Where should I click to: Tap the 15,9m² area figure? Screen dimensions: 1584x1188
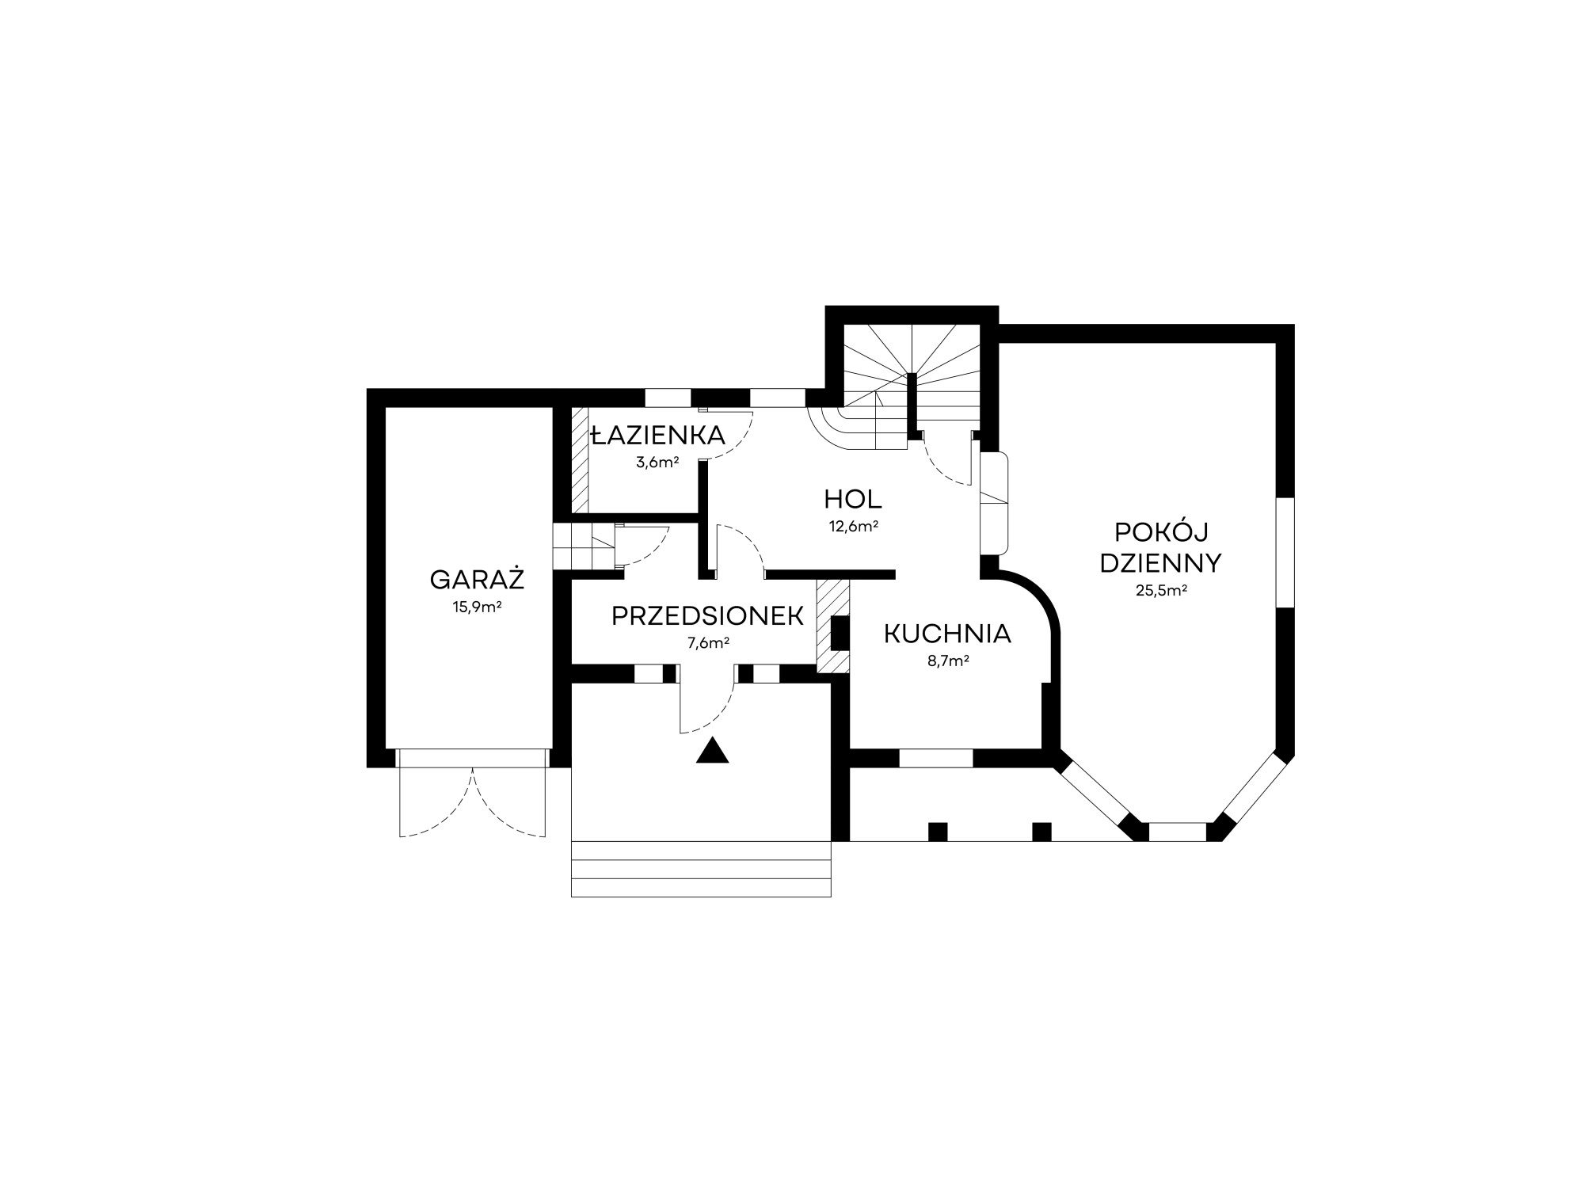pos(477,607)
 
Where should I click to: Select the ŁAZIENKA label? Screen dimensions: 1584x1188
pos(658,435)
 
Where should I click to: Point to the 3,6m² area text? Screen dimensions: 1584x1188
pos(657,463)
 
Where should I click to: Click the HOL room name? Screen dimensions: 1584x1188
pos(853,499)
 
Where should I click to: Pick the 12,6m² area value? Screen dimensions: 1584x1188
pos(853,526)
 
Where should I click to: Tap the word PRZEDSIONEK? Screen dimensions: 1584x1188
pos(708,616)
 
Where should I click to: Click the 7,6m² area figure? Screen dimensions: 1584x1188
pos(708,643)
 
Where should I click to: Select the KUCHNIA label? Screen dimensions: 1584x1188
pos(947,634)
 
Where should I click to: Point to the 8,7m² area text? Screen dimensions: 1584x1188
pos(948,661)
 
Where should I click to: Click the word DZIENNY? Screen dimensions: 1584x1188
pos(1161,562)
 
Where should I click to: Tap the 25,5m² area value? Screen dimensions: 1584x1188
pos(1161,590)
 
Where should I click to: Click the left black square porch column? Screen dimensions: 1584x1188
pos(938,832)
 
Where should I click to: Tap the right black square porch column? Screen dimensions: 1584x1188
pos(1042,832)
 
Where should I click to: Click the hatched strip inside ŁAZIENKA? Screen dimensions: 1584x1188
pos(581,459)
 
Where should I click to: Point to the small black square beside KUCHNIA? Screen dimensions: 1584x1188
pos(840,633)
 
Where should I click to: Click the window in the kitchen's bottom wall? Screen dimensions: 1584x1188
pos(935,758)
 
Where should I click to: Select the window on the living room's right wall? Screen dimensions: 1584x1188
pos(1285,553)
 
